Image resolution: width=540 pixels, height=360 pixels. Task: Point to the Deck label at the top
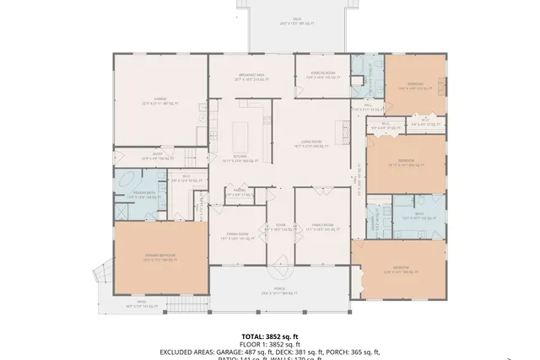tap(297, 20)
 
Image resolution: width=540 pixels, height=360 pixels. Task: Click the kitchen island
tap(241, 132)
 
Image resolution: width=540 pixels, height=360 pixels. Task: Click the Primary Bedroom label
tap(159, 258)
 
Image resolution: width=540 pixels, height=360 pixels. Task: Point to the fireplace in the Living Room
tap(345, 130)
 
